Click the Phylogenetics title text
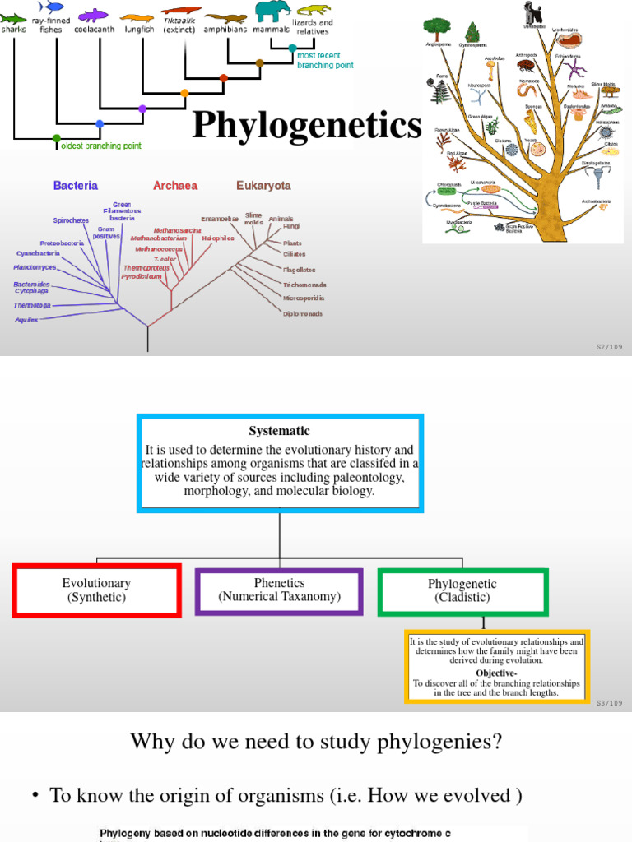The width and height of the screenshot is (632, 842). (306, 126)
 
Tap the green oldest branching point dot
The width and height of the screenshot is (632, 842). (56, 138)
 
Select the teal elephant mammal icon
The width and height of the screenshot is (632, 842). (272, 11)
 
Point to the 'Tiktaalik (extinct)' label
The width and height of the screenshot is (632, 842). (181, 25)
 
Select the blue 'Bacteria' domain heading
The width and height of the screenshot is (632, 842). (76, 186)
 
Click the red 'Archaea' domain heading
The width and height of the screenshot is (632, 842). (175, 186)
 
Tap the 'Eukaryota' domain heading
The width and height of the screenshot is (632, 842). (263, 186)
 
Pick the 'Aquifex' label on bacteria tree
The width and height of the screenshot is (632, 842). (26, 320)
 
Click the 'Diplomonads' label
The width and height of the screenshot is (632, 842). (303, 313)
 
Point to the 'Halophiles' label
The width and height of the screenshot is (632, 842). (218, 238)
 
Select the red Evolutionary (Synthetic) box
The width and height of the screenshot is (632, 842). (96, 590)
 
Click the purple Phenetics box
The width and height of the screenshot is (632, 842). (279, 590)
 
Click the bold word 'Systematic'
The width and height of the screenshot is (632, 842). (280, 431)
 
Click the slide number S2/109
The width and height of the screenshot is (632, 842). (610, 347)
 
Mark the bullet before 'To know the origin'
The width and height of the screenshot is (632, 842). (35, 796)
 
